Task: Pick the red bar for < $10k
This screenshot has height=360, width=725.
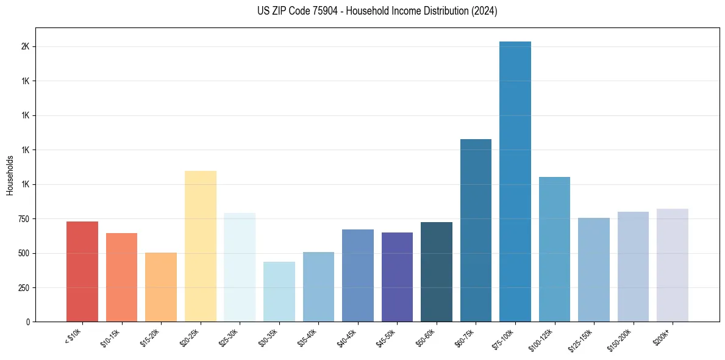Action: click(82, 272)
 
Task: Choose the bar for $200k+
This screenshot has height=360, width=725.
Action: click(672, 265)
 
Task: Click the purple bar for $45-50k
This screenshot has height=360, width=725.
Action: click(397, 277)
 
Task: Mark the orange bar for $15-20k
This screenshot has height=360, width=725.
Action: click(161, 287)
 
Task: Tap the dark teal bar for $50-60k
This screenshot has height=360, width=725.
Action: click(437, 272)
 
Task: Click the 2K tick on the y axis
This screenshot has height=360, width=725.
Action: click(26, 47)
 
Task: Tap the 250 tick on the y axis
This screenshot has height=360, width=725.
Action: click(24, 287)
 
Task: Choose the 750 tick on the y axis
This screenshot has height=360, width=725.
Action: click(24, 219)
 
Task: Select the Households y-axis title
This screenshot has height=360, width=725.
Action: click(10, 175)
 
